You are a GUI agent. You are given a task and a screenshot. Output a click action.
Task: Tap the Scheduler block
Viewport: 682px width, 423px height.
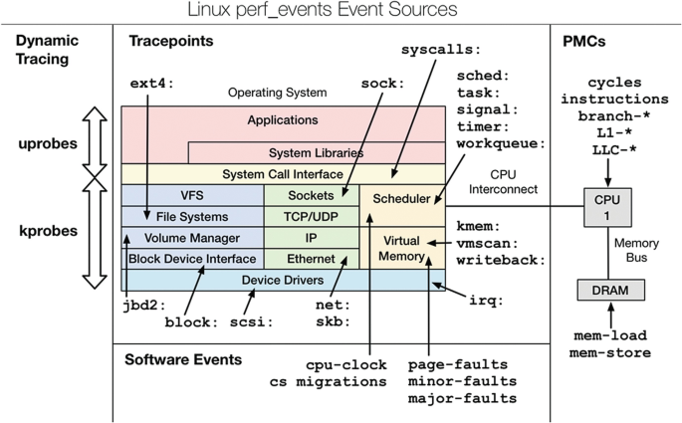[x=401, y=198]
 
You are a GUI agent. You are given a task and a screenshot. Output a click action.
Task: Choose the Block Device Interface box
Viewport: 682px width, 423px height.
[x=191, y=259]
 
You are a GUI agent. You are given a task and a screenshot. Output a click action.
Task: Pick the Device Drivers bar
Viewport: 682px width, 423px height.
[x=283, y=281]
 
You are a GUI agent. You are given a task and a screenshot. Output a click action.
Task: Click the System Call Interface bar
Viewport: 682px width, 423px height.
[x=283, y=174]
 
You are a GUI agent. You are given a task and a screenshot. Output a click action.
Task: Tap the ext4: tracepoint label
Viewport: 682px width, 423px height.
[x=151, y=83]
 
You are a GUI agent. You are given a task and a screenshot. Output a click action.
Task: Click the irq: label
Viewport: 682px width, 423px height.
[x=485, y=299]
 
